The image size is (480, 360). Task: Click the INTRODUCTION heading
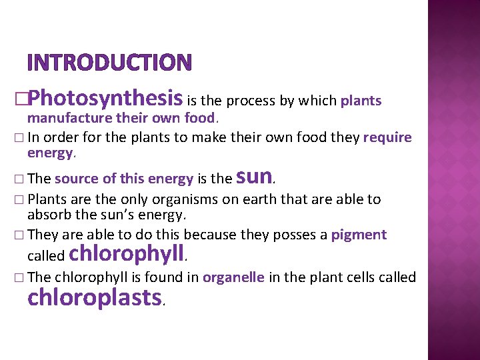click(109, 63)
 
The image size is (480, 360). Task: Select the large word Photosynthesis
click(105, 98)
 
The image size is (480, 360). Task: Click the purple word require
click(387, 138)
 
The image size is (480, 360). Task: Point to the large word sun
click(253, 176)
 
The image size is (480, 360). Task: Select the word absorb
click(45, 215)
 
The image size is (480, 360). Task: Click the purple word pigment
click(359, 235)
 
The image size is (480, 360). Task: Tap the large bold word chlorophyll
click(126, 253)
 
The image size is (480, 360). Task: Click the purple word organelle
click(234, 277)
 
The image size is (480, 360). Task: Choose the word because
click(211, 235)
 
